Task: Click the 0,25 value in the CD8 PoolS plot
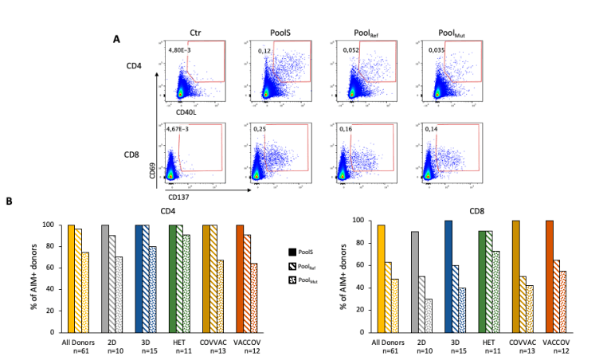click(264, 127)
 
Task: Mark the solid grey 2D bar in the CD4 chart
click(104, 278)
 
